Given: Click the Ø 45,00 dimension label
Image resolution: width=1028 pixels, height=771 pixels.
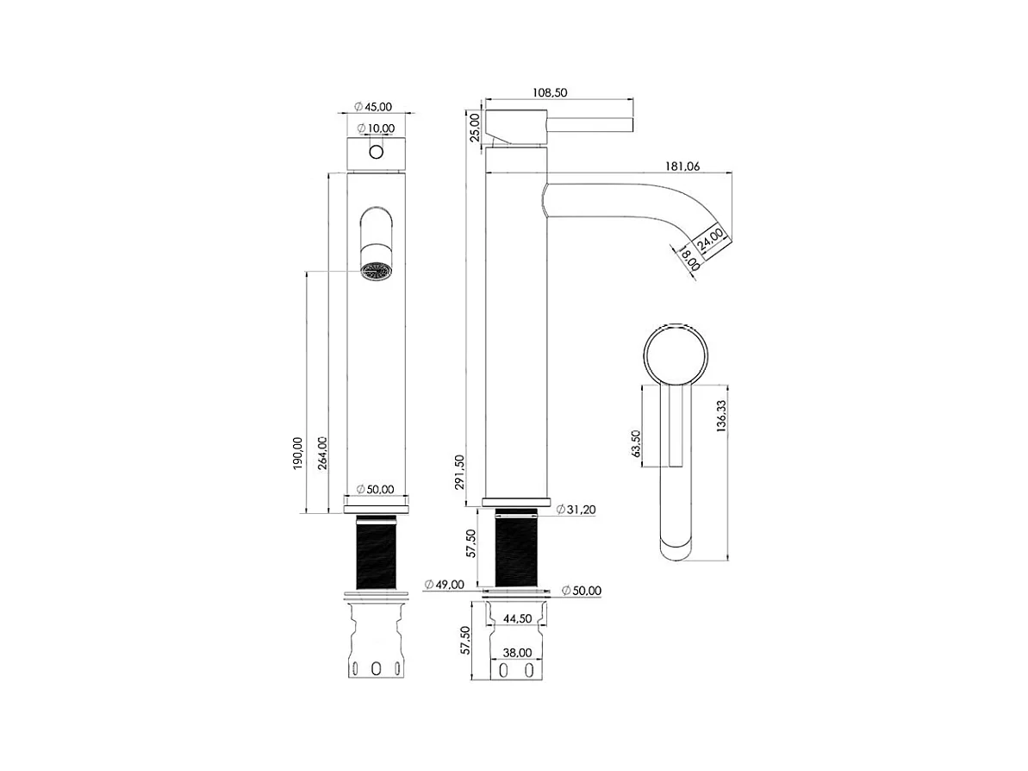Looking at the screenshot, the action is pos(373,107).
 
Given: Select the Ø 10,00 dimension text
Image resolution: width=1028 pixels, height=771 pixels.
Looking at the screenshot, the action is pos(377,128).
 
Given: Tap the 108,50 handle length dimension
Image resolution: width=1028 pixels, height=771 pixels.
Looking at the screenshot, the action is pos(550,92).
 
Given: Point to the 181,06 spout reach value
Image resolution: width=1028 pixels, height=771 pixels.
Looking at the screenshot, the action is pos(682,166).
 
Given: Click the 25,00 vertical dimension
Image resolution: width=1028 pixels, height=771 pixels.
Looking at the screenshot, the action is pos(476,127).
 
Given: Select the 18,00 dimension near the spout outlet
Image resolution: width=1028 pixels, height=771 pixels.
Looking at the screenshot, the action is pos(689,258).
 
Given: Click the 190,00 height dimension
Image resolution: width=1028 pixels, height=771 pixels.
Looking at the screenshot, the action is pos(298,453).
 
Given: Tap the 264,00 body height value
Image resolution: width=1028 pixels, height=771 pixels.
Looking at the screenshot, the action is pos(322,452).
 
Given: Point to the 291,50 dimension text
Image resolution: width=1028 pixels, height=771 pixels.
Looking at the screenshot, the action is pos(459,471).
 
